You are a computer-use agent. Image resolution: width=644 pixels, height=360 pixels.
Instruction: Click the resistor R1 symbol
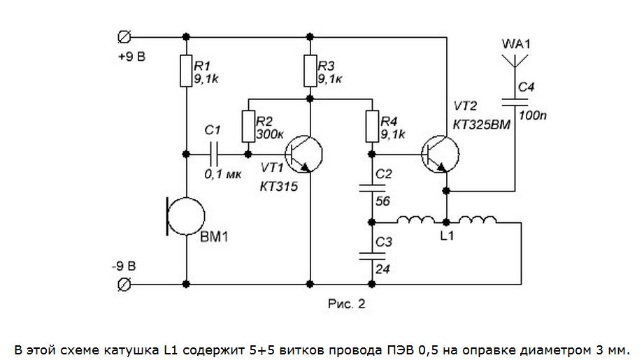click(186, 71)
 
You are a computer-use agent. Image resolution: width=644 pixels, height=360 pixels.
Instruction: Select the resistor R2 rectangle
click(248, 125)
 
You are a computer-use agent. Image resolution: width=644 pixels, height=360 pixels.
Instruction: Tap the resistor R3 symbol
click(309, 69)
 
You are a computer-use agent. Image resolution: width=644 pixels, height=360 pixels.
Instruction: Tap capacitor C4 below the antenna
click(515, 102)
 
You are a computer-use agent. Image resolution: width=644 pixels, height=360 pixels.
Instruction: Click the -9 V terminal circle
click(125, 284)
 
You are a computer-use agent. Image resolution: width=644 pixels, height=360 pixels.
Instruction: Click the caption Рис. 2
click(346, 305)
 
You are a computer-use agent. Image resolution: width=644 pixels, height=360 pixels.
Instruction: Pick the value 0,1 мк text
click(221, 174)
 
